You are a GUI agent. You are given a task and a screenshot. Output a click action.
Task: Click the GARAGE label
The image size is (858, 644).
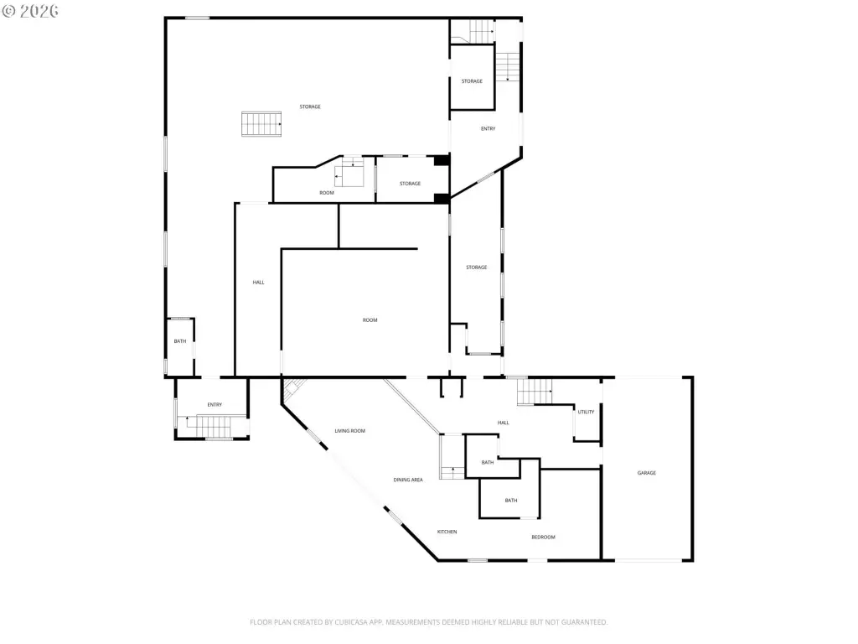(x=646, y=473)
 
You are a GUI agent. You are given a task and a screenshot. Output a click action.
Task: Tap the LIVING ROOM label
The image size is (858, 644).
(x=349, y=431)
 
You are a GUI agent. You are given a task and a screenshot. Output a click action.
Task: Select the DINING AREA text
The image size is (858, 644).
(x=408, y=480)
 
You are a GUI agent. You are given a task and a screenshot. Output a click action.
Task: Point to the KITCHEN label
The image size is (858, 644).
(x=447, y=532)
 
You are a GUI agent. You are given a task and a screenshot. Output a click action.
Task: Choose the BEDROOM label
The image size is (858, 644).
(x=543, y=538)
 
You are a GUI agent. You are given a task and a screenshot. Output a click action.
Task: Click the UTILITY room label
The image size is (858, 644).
(x=586, y=412)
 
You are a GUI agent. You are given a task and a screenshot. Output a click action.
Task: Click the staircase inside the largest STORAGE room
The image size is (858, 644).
(x=261, y=124)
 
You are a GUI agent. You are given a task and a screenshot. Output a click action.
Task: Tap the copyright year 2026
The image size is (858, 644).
(x=39, y=11)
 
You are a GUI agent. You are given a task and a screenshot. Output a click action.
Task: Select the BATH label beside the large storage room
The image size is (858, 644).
(x=180, y=341)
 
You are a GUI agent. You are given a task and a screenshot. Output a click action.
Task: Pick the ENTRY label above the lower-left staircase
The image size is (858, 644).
(x=214, y=405)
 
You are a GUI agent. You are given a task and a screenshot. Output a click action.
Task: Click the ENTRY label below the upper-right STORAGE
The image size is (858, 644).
(x=488, y=128)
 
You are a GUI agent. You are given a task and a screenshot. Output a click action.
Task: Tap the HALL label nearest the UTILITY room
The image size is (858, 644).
(x=504, y=423)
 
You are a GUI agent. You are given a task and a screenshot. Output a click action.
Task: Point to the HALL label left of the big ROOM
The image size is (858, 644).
(x=258, y=283)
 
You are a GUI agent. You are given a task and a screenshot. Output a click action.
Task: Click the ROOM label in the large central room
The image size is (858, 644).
(x=370, y=320)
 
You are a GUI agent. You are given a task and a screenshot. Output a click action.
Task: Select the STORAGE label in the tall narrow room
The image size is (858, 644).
(x=476, y=267)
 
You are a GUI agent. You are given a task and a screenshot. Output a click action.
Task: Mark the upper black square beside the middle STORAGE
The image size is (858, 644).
(x=441, y=160)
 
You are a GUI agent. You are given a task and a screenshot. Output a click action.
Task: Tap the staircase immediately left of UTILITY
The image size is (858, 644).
(x=535, y=392)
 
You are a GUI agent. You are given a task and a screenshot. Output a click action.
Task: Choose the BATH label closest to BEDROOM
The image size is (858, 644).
(x=511, y=501)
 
